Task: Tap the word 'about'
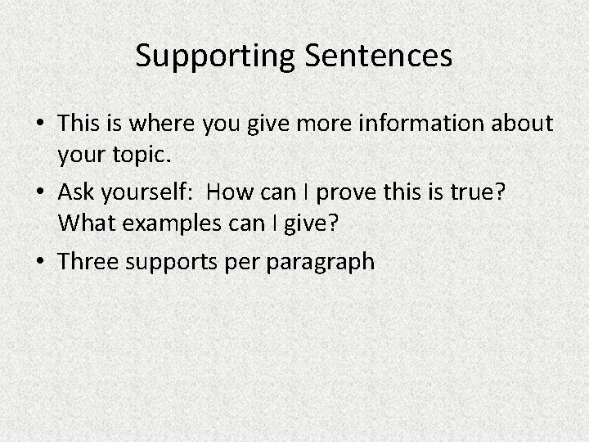pyautogui.click(x=527, y=123)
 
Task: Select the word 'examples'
pyautogui.click(x=160, y=221)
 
